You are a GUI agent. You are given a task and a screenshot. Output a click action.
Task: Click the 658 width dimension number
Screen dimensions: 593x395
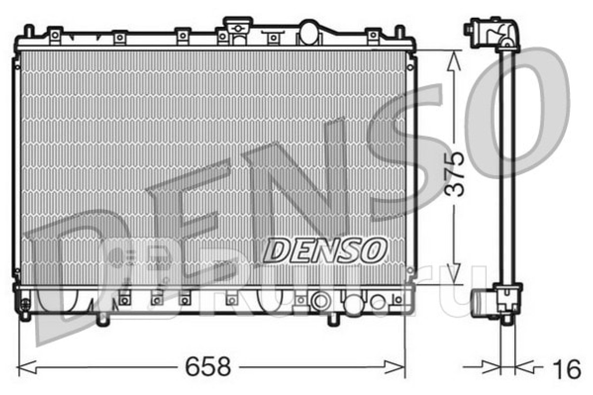[x=208, y=367]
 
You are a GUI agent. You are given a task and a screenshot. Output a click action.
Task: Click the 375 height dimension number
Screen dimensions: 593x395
[x=454, y=174]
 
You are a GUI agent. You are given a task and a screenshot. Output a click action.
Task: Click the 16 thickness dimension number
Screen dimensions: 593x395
[x=566, y=369]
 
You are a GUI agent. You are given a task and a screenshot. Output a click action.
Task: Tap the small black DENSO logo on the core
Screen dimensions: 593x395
[x=325, y=250]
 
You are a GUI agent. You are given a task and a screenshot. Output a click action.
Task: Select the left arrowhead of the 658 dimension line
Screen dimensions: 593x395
[x=27, y=367]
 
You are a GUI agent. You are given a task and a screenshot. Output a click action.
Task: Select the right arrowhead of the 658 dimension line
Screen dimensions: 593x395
[x=394, y=367]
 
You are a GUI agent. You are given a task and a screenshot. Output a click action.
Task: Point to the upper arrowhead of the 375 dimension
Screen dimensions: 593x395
[x=454, y=61]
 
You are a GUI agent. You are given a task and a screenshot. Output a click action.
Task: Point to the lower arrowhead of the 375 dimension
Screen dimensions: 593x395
[x=454, y=273]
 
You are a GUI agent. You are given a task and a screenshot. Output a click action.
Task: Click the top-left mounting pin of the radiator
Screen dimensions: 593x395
[x=29, y=31]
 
